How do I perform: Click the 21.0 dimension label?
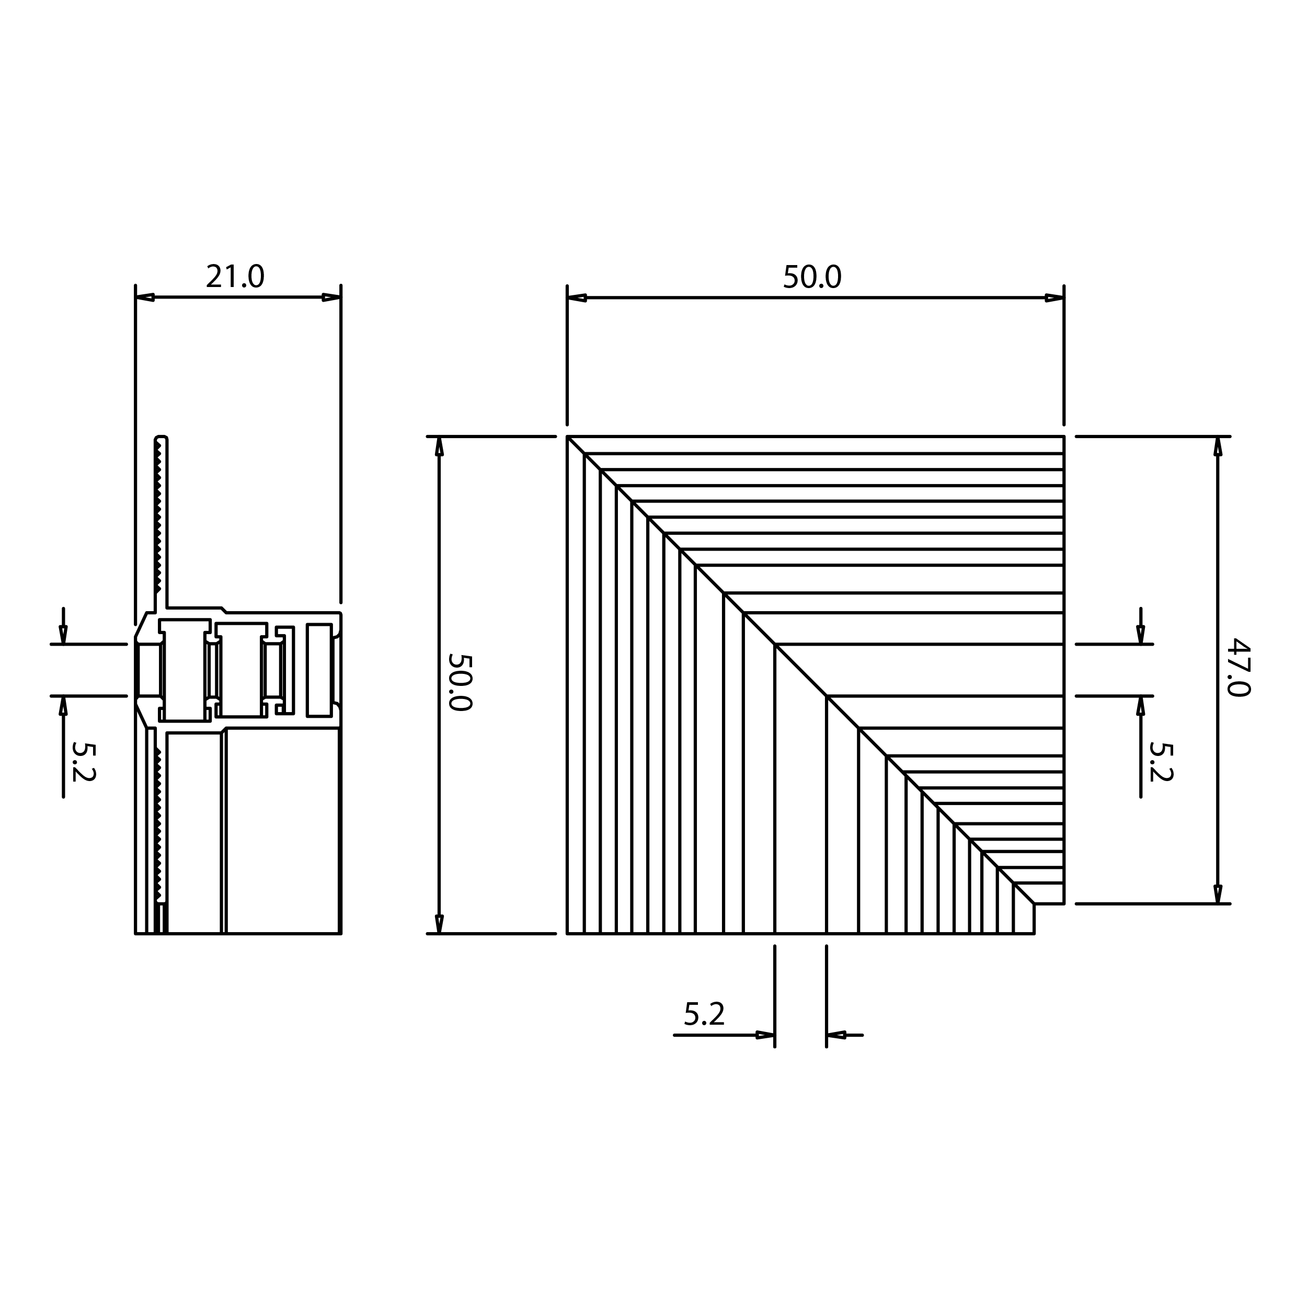pos(235,277)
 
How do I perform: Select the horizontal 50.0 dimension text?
pos(812,278)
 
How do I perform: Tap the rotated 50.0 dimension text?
pos(461,682)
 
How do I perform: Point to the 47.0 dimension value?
pos(1239,667)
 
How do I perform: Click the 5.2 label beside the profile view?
pos(84,762)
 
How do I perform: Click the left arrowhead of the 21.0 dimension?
pos(145,297)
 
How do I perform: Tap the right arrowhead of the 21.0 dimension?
pos(331,297)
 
